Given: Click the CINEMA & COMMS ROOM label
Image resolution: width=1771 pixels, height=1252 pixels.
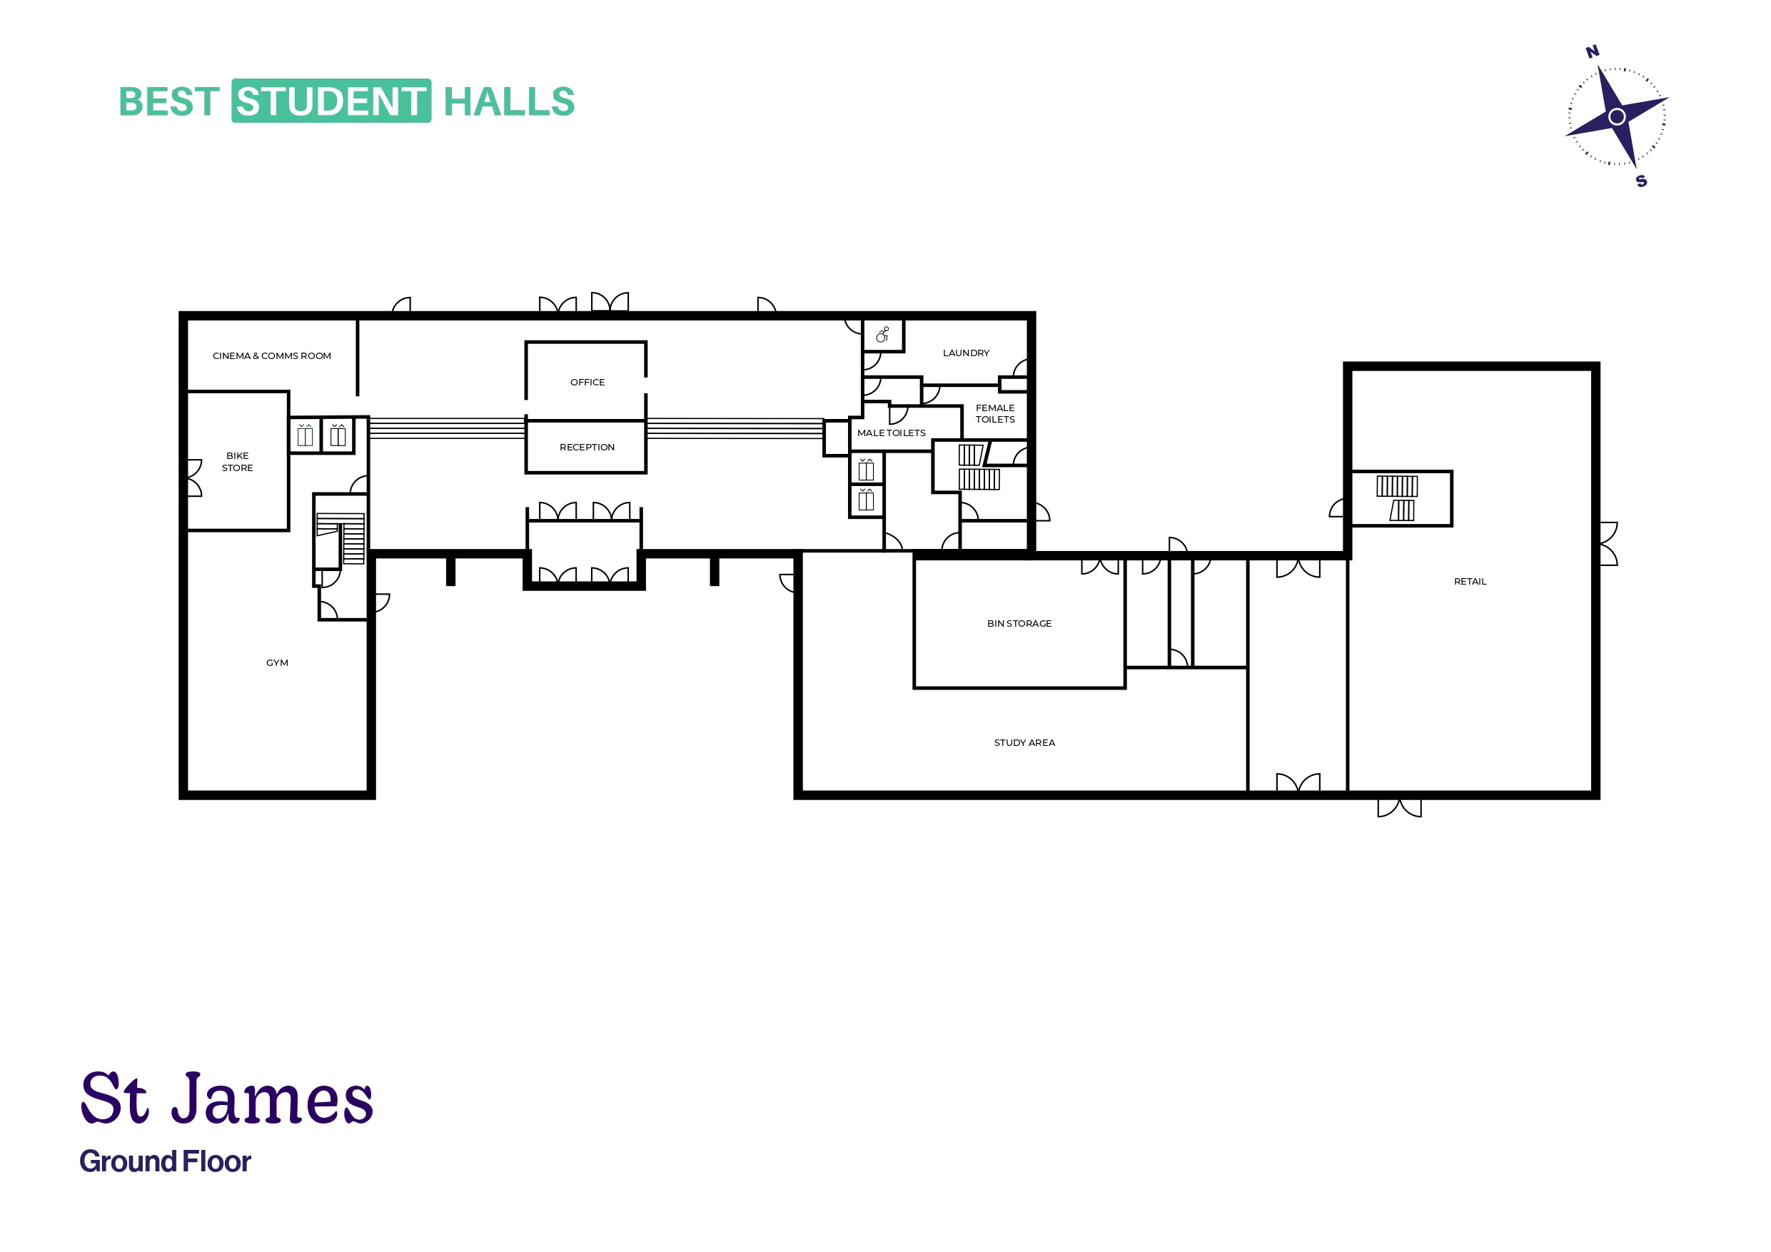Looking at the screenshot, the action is coord(271,355).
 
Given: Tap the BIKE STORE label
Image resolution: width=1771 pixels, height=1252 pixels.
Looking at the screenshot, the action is coord(238,461).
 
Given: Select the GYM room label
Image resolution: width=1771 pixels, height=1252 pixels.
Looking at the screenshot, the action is coord(277,662).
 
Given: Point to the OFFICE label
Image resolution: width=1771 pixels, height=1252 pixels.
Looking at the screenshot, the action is coord(587,382).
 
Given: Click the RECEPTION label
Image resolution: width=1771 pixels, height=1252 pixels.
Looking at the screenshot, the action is coord(587,447).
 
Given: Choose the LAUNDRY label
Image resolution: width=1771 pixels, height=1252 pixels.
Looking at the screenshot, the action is coord(966,353).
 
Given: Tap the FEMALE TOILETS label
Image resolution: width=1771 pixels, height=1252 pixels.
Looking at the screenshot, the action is coord(995,413).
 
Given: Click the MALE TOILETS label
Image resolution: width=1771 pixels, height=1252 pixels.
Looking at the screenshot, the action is coord(891,433).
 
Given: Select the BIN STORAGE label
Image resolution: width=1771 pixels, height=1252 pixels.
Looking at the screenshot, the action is coord(1019,623).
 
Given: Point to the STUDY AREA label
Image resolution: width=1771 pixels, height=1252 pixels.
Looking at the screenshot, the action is coord(1024,742).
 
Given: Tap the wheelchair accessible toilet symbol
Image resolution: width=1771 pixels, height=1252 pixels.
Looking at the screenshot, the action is coord(882,334).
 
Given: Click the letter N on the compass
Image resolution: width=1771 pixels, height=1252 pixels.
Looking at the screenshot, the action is coord(1592,51).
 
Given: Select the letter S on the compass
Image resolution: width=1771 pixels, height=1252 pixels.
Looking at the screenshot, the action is coord(1641,181).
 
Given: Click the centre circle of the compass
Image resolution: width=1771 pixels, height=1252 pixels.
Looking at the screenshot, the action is coord(1617,116).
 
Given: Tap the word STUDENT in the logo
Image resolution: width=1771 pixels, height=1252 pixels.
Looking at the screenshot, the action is coord(331,101).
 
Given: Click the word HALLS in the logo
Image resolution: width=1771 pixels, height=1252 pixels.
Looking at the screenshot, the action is coord(509,101).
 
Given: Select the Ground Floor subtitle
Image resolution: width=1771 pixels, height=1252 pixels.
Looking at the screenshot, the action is coord(165,1161).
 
